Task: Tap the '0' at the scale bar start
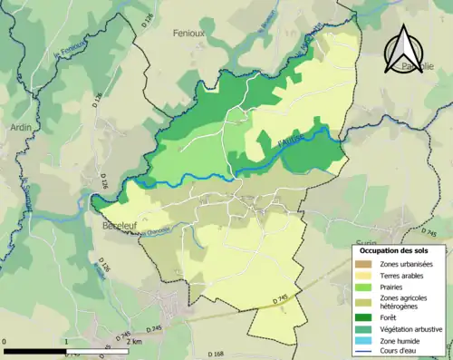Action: coord(5,343)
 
